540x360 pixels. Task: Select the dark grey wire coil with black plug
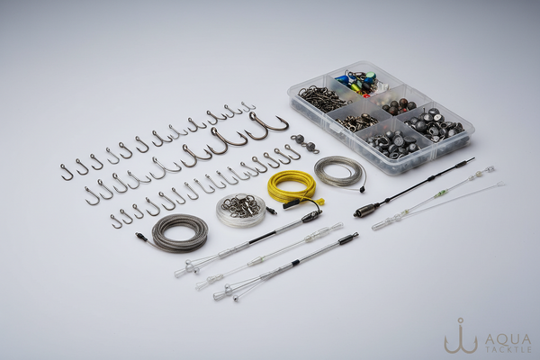pos(178,231)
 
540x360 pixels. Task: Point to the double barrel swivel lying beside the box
pos(305,142)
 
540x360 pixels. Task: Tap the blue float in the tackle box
pos(344,78)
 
